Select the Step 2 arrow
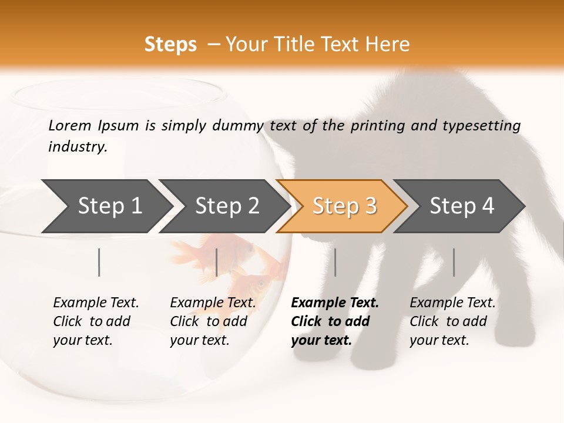(227, 206)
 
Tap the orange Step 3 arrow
(344, 206)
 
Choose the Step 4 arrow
(462, 206)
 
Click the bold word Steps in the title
(170, 45)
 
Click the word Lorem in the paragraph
(69, 125)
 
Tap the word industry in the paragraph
(78, 146)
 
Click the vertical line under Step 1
(99, 262)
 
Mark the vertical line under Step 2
(217, 262)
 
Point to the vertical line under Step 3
(335, 262)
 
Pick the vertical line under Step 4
(454, 262)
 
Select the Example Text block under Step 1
(96, 321)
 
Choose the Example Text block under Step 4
(452, 321)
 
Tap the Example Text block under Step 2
(213, 321)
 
